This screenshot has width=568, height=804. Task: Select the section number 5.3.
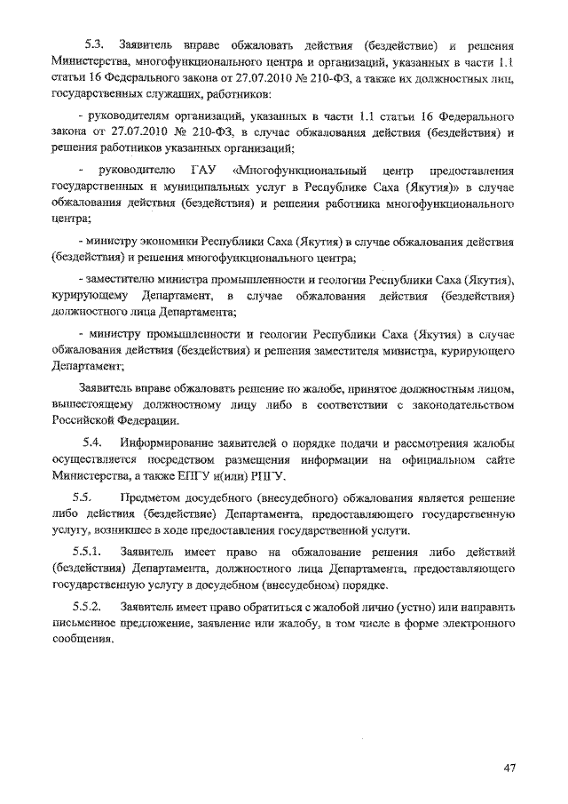[x=95, y=44]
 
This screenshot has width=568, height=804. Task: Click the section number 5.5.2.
[x=89, y=607]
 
